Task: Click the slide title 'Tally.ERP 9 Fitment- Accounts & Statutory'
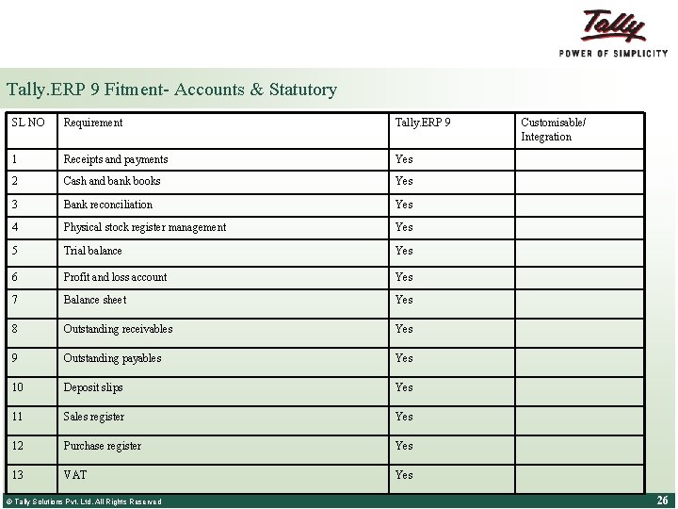171,90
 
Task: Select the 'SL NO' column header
27,123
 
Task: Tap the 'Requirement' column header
92,123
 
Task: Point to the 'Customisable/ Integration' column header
553,129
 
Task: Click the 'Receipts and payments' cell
115,159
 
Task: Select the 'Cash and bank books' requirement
111,181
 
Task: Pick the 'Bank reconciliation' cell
107,205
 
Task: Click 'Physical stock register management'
144,227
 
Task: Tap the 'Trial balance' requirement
92,251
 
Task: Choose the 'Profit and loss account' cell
115,277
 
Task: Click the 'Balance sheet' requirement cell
94,300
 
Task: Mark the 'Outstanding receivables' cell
118,329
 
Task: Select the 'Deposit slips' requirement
92,387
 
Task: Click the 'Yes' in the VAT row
404,475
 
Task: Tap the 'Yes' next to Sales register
404,417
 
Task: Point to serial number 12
18,446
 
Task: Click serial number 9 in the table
15,358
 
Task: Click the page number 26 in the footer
662,501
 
